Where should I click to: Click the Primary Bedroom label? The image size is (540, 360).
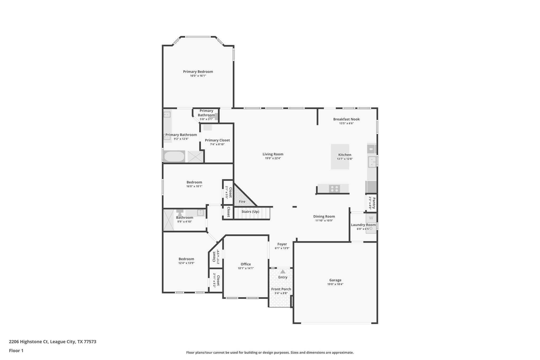click(x=198, y=71)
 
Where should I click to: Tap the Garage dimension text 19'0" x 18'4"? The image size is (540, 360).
click(x=335, y=284)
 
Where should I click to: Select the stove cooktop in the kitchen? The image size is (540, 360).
click(x=334, y=189)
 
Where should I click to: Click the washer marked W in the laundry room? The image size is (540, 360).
click(x=371, y=218)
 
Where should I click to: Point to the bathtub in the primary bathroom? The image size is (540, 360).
click(x=174, y=156)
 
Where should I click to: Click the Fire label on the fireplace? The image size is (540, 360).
click(x=242, y=201)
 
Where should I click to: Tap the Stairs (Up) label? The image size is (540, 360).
click(x=250, y=212)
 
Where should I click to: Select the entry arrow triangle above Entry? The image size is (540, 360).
click(x=283, y=271)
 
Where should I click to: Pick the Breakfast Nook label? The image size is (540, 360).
click(x=346, y=119)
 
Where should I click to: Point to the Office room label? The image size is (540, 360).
click(x=246, y=264)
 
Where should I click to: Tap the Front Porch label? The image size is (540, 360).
click(x=281, y=289)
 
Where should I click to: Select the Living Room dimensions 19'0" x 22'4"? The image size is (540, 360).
click(x=273, y=158)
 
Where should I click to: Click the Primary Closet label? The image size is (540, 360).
click(x=217, y=140)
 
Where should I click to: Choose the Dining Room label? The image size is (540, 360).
click(x=324, y=217)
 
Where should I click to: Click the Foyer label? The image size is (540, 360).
click(x=282, y=244)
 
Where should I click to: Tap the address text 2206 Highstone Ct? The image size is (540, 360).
click(x=29, y=342)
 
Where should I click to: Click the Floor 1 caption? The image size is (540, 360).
click(x=16, y=351)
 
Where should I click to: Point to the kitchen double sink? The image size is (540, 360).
click(x=372, y=162)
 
